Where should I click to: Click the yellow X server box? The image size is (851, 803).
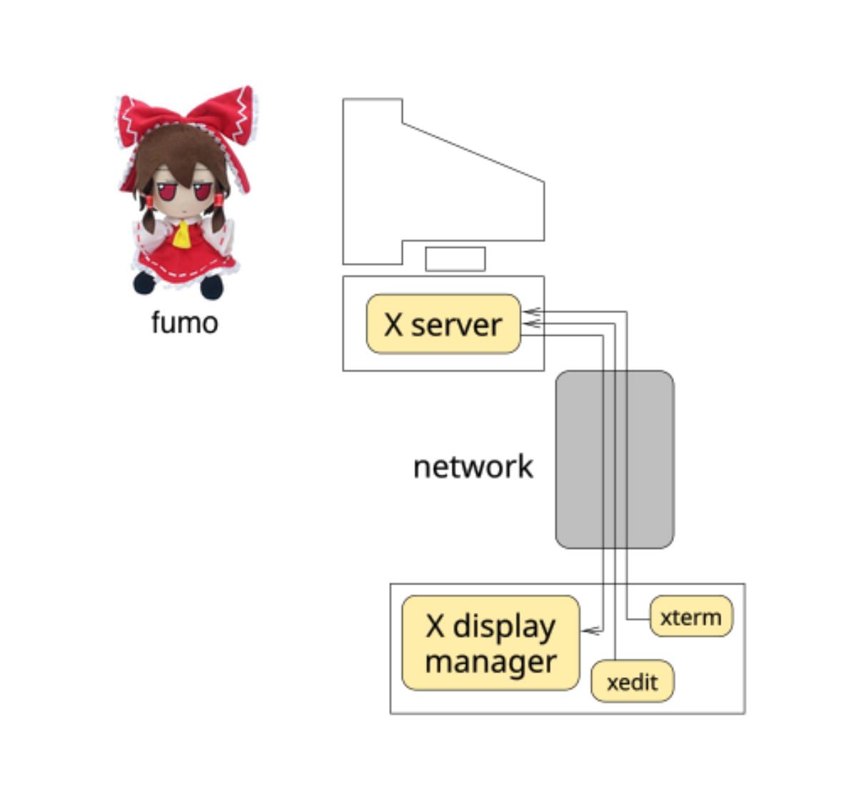tap(443, 324)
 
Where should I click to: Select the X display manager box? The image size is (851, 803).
tap(490, 643)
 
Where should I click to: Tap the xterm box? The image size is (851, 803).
tap(690, 617)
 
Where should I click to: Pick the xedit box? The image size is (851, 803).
tap(632, 682)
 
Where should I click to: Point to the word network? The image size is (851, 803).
tap(473, 467)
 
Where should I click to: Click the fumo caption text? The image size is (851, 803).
tap(184, 322)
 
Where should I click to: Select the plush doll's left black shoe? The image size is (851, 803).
tap(144, 283)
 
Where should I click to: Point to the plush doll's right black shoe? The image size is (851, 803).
tap(211, 286)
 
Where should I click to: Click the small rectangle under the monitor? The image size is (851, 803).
tap(455, 259)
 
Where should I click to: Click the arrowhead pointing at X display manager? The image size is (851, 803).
tap(588, 631)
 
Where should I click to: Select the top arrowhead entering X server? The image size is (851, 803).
tap(529, 311)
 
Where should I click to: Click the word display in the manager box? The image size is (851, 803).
tap(504, 627)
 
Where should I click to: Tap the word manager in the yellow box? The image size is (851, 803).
tap(490, 662)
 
